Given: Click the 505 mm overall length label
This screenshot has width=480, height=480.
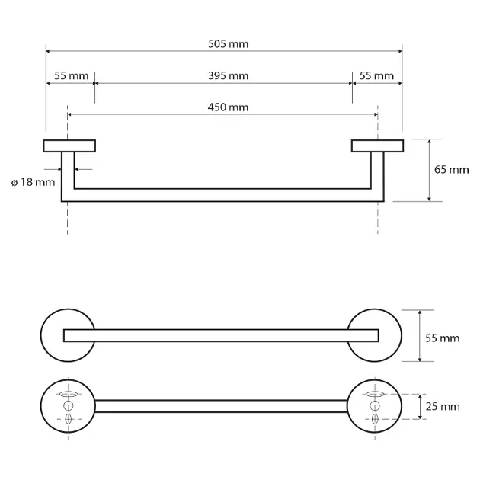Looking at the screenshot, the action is [229, 44].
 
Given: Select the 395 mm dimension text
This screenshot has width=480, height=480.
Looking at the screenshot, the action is [229, 76].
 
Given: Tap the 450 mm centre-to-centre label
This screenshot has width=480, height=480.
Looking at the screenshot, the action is [228, 107].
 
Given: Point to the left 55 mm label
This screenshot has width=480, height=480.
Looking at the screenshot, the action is [72, 76].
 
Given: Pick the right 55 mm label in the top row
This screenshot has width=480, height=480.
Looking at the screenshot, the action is [376, 76].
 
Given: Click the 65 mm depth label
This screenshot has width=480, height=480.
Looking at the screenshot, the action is [452, 170].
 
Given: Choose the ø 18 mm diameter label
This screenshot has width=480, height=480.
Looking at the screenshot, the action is [33, 182].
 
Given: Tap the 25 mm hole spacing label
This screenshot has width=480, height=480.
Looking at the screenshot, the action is [443, 407].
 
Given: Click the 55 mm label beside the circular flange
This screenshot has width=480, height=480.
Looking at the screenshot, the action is [443, 338].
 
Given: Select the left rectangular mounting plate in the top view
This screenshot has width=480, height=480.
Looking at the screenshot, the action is [69, 146].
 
